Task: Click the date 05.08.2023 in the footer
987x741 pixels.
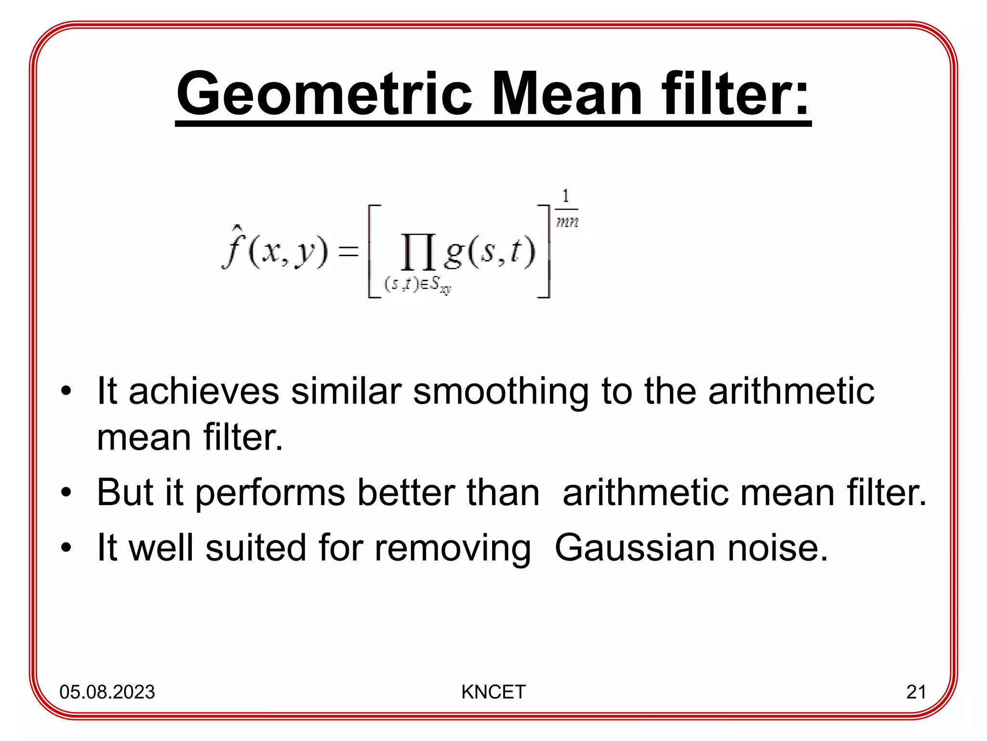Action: coord(107,692)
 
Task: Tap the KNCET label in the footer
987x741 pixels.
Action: coord(493,692)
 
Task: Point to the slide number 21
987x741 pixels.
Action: coord(916,692)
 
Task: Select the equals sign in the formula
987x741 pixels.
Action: coord(348,252)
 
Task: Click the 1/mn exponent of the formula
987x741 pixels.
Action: coord(567,209)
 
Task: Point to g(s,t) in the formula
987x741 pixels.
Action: coord(489,252)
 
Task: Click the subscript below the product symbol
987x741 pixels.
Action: coord(417,284)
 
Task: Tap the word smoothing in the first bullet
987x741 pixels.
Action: coord(501,391)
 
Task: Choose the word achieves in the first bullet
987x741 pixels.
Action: coord(204,391)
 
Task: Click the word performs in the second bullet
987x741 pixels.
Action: coord(270,493)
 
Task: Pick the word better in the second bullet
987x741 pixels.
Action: coord(406,493)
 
